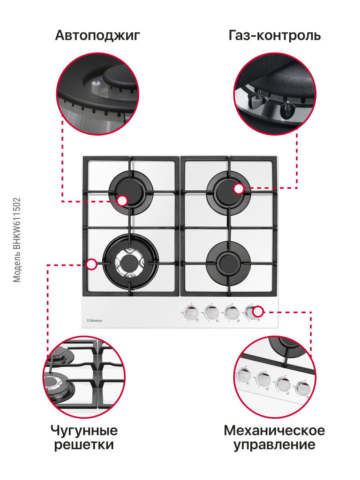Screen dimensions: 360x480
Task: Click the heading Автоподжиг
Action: click(x=98, y=36)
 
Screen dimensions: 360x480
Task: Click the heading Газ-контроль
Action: click(x=274, y=36)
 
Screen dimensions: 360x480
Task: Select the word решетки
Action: click(x=84, y=445)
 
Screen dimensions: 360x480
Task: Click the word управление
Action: click(x=274, y=445)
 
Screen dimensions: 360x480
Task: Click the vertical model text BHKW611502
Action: click(x=17, y=224)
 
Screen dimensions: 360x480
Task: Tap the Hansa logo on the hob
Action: click(x=94, y=320)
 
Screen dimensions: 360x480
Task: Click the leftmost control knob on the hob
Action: click(x=191, y=313)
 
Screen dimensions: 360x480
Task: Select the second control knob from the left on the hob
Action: click(x=212, y=313)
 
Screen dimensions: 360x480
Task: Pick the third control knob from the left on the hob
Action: click(x=232, y=313)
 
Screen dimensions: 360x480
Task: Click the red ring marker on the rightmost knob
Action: click(x=258, y=311)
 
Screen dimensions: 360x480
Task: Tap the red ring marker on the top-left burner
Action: click(x=122, y=201)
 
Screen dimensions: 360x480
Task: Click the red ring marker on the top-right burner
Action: click(x=239, y=188)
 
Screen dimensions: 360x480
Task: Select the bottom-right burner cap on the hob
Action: click(x=228, y=263)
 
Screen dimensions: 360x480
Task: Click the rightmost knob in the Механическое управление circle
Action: click(x=303, y=389)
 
